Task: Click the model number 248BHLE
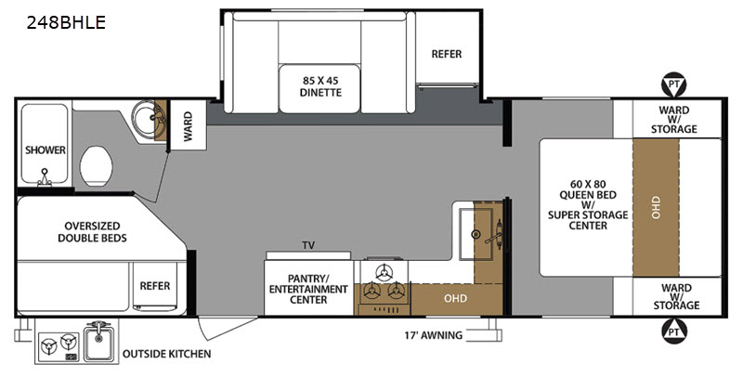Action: click(66, 22)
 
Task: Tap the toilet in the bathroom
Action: click(97, 166)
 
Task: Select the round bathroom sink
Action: click(147, 116)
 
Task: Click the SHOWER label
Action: click(46, 150)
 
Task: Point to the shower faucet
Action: click(45, 176)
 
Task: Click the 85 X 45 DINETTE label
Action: click(320, 86)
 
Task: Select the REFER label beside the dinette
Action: click(447, 54)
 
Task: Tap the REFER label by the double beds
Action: click(155, 286)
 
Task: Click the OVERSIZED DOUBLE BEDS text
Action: click(92, 231)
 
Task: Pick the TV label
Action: click(308, 245)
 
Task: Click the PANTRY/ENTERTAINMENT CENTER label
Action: click(308, 289)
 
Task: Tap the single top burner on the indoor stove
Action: click(384, 272)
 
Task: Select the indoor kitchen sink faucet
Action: click(495, 233)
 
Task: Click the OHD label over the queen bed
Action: click(656, 207)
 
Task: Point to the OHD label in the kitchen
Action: click(455, 298)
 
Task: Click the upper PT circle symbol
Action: click(674, 84)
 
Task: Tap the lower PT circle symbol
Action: click(674, 331)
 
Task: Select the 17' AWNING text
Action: click(433, 335)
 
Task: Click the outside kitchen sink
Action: click(99, 341)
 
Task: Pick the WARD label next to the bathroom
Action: click(189, 126)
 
